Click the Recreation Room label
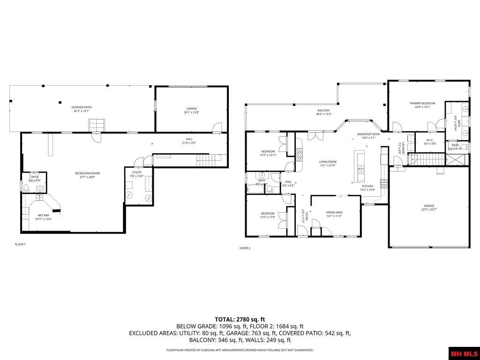[x=88, y=173]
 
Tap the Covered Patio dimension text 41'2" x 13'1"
[x=82, y=112]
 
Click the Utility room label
[x=136, y=172]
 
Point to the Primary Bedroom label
[x=422, y=103]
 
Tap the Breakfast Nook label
[x=368, y=134]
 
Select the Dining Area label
[x=334, y=212]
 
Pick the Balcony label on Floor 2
[x=323, y=110]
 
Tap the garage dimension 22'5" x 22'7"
[x=429, y=210]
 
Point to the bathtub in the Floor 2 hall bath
[x=256, y=189]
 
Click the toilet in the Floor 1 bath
[x=27, y=188]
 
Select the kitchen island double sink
[x=360, y=168]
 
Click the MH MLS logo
[x=464, y=353]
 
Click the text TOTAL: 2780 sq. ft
[x=240, y=319]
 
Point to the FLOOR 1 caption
[x=20, y=244]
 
